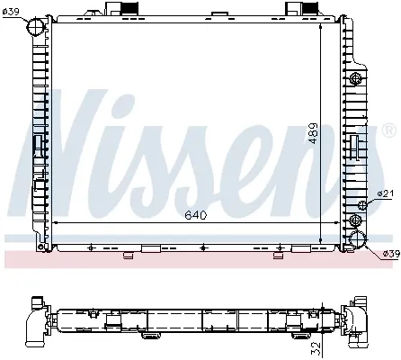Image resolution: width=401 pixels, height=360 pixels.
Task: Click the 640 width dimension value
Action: [x=197, y=215]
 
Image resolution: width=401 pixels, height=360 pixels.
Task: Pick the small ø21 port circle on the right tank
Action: [x=362, y=205]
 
